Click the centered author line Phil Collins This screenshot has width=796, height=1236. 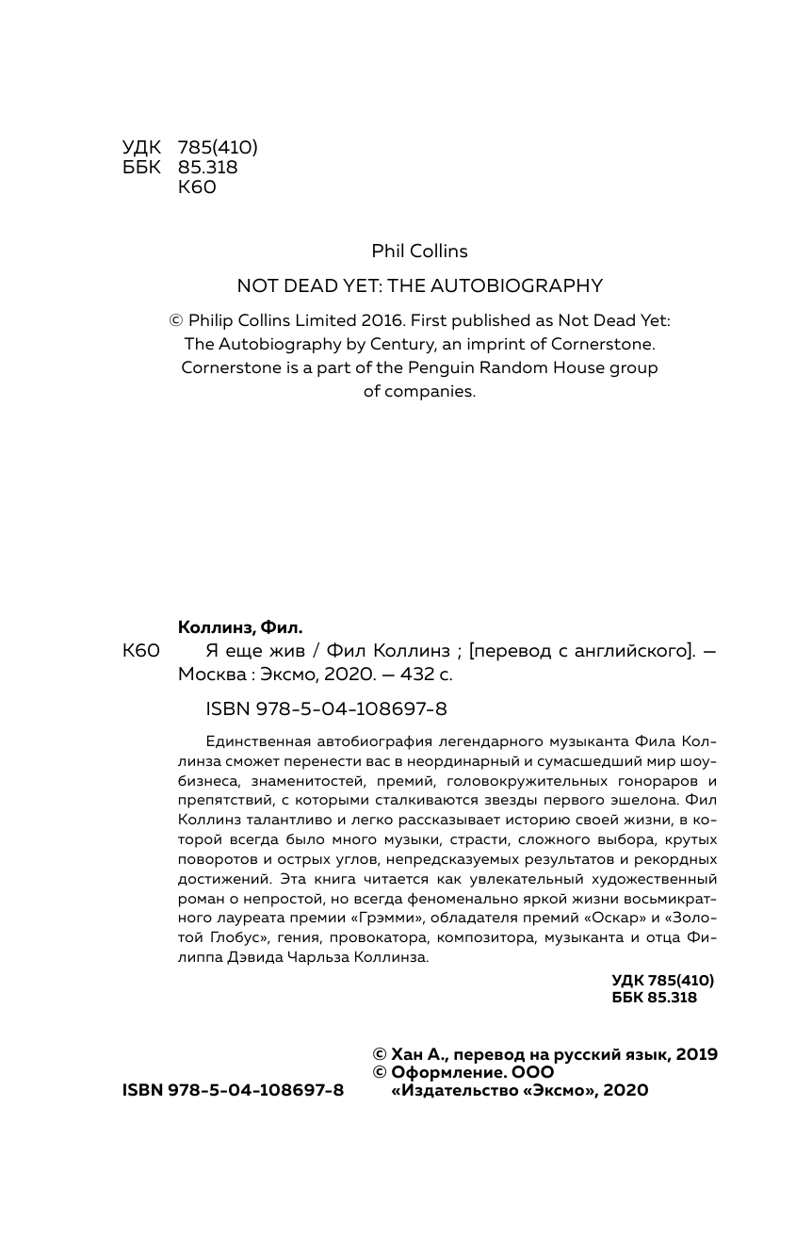pyautogui.click(x=419, y=251)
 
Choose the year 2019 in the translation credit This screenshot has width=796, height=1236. pyautogui.click(x=695, y=1054)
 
